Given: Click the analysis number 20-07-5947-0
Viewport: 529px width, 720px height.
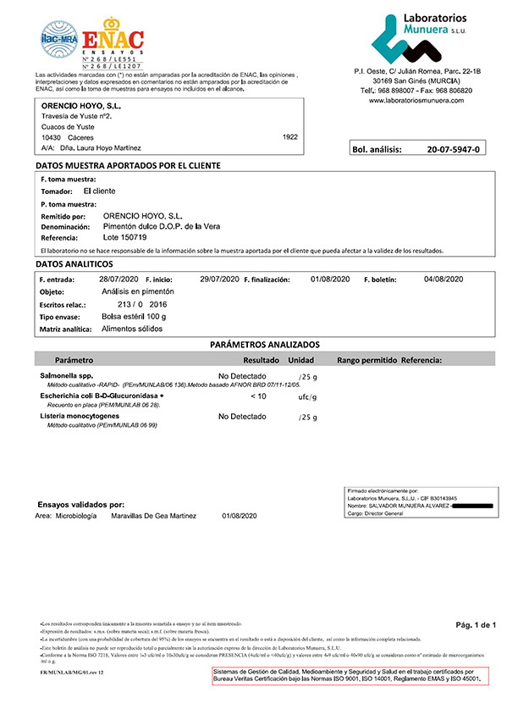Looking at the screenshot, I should coord(453,150).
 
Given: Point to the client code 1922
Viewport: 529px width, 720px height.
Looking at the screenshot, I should coord(290,136).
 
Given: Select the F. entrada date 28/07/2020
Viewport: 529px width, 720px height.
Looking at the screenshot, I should coord(118,279).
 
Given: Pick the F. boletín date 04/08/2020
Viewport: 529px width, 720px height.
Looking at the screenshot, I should coord(444,279).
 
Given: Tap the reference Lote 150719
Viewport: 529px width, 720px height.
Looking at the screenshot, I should coord(124,237).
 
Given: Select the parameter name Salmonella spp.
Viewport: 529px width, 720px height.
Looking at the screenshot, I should coord(66,374).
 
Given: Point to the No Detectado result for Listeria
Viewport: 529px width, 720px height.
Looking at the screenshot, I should coord(242,417).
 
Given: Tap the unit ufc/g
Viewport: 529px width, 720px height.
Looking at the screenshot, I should coord(307,396).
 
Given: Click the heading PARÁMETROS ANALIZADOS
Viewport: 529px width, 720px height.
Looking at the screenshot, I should coord(264,345).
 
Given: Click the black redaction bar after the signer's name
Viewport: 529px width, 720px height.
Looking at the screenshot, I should coord(483,506).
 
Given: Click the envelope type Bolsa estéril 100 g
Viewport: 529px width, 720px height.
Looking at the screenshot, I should coord(134,316).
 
